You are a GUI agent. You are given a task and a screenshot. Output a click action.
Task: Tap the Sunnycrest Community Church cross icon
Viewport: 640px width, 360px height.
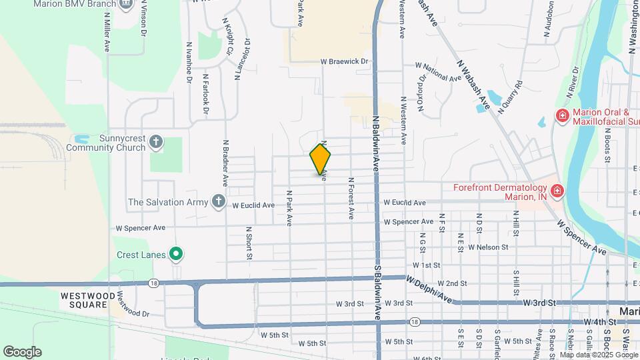(x=155, y=142)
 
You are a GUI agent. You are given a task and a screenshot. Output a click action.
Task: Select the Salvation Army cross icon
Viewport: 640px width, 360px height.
(x=218, y=201)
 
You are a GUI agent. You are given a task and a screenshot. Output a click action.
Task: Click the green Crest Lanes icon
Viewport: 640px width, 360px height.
(x=176, y=253)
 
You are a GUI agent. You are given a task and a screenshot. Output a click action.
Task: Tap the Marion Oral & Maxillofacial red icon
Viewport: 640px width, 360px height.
(x=562, y=117)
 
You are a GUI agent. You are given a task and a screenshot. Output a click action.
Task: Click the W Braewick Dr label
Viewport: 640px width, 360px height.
(x=344, y=61)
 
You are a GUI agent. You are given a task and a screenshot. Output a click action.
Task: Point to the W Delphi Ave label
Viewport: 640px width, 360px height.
(x=430, y=290)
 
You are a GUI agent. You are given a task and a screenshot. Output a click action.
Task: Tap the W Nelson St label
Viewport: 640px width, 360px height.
(x=488, y=247)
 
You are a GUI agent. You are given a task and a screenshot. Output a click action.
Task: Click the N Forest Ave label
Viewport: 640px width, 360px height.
(x=350, y=198)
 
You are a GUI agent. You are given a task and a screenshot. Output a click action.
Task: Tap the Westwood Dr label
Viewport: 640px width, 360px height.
(x=132, y=303)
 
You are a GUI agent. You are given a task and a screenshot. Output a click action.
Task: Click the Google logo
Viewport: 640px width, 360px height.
(x=22, y=352)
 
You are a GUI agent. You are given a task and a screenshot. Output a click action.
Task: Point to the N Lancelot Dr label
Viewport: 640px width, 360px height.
(x=237, y=59)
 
